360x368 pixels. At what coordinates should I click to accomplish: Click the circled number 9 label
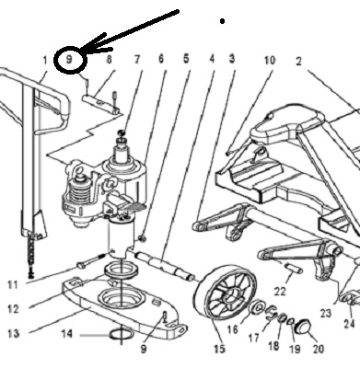(69, 59)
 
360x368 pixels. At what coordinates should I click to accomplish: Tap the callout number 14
(67, 334)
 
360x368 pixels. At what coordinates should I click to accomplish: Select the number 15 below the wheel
(219, 349)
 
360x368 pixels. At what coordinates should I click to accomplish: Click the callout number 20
(318, 349)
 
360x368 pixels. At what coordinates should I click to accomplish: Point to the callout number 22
(280, 291)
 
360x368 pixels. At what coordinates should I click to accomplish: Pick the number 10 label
(270, 61)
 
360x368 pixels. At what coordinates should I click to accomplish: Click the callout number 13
(13, 333)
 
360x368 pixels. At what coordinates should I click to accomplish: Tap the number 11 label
(12, 285)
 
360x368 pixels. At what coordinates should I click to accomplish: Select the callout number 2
(298, 62)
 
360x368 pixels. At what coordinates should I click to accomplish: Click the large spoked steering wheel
(226, 294)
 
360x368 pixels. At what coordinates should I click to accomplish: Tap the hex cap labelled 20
(303, 327)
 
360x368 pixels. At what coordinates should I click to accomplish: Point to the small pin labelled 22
(294, 268)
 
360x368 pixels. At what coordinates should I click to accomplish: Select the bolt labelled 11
(91, 260)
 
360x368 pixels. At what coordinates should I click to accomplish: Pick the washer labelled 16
(257, 307)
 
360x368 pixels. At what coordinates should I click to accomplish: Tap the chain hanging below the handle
(30, 255)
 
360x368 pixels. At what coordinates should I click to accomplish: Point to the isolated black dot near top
(222, 21)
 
